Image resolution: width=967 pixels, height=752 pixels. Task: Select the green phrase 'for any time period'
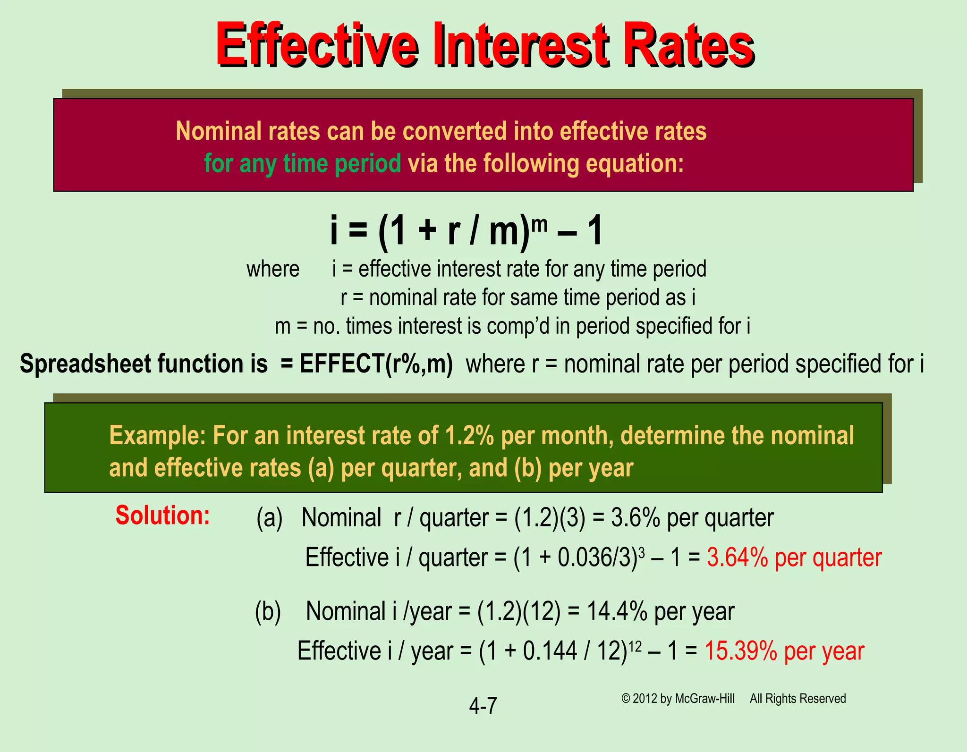click(x=302, y=164)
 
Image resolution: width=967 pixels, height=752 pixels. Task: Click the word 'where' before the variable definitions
click(x=273, y=270)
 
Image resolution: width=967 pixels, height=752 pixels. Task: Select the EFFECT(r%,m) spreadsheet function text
click(x=376, y=364)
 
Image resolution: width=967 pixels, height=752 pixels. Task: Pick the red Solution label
click(x=162, y=515)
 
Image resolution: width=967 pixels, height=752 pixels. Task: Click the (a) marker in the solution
click(x=270, y=518)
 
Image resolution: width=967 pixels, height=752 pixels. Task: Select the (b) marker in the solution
click(x=268, y=611)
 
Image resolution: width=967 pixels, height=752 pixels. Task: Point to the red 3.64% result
click(x=738, y=558)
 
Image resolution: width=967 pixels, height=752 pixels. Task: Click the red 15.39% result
click(x=741, y=651)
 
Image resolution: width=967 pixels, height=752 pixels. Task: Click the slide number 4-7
click(x=483, y=706)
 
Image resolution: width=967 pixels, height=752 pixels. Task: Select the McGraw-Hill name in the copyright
click(x=705, y=699)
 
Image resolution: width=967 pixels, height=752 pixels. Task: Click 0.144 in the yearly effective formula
click(x=550, y=651)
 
